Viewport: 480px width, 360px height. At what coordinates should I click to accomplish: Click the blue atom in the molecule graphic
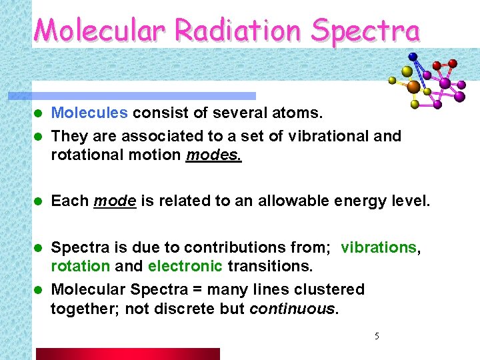(x=413, y=57)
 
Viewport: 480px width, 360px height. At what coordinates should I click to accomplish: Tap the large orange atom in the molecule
(x=413, y=87)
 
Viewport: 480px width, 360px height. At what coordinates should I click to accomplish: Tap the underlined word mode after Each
(x=115, y=201)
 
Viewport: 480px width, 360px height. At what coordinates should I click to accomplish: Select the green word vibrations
(x=378, y=247)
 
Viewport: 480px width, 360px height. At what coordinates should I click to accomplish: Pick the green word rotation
(x=80, y=266)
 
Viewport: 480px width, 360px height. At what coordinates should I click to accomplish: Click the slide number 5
(x=377, y=337)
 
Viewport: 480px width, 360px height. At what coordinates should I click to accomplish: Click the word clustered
(x=331, y=290)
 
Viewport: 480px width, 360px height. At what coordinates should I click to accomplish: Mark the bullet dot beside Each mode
(x=39, y=201)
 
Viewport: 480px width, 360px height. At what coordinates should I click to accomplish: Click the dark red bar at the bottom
(x=127, y=353)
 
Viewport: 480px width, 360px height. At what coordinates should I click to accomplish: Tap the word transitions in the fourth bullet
(x=269, y=266)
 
